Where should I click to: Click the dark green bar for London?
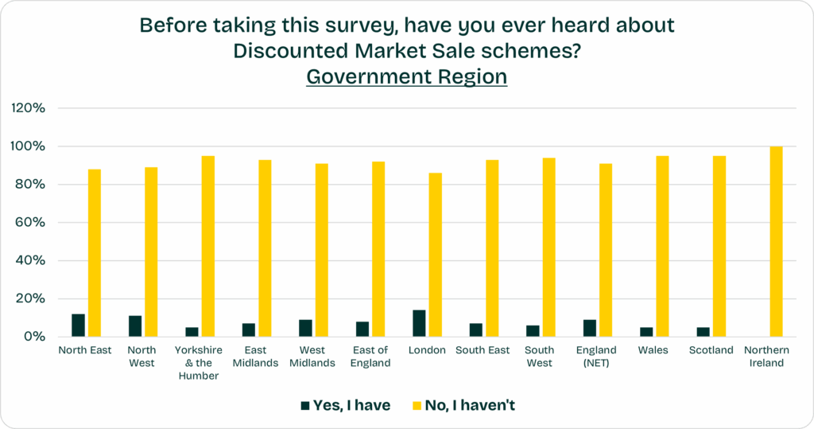[419, 323]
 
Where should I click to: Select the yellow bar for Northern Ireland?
[777, 241]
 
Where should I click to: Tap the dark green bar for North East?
[78, 326]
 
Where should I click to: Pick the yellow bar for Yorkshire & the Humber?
[208, 246]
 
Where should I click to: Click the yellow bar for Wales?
[662, 246]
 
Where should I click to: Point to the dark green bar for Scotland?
[704, 332]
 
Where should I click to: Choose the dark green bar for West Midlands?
[305, 328]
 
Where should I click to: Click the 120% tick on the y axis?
[29, 108]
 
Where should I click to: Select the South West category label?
[539, 357]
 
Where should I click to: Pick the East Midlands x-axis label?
[255, 357]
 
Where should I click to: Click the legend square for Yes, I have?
[304, 406]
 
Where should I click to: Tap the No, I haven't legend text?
[471, 405]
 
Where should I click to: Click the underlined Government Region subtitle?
[406, 76]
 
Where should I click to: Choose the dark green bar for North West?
[135, 326]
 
